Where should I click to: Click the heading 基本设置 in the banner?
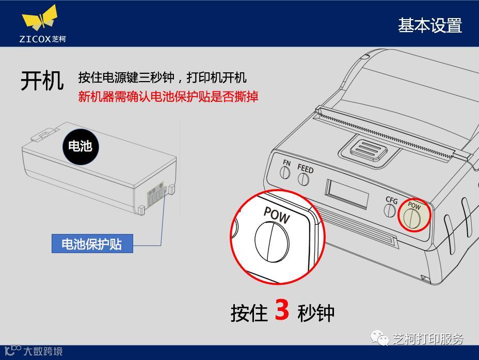coord(430,25)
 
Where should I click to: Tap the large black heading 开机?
coord(42,81)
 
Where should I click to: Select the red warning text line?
coord(168,97)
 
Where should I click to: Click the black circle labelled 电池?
coord(81,147)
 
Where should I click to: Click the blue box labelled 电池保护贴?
coord(92,244)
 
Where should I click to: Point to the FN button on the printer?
coord(285,173)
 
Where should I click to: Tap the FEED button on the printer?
coord(304,179)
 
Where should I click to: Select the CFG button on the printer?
coord(390,210)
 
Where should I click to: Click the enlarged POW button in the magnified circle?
coord(272,242)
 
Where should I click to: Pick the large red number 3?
coord(282,309)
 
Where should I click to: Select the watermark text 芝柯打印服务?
coord(428,339)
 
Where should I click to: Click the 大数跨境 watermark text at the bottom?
coord(43,351)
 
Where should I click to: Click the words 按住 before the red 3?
coord(249,312)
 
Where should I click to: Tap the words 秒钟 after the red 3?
coord(316,312)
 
